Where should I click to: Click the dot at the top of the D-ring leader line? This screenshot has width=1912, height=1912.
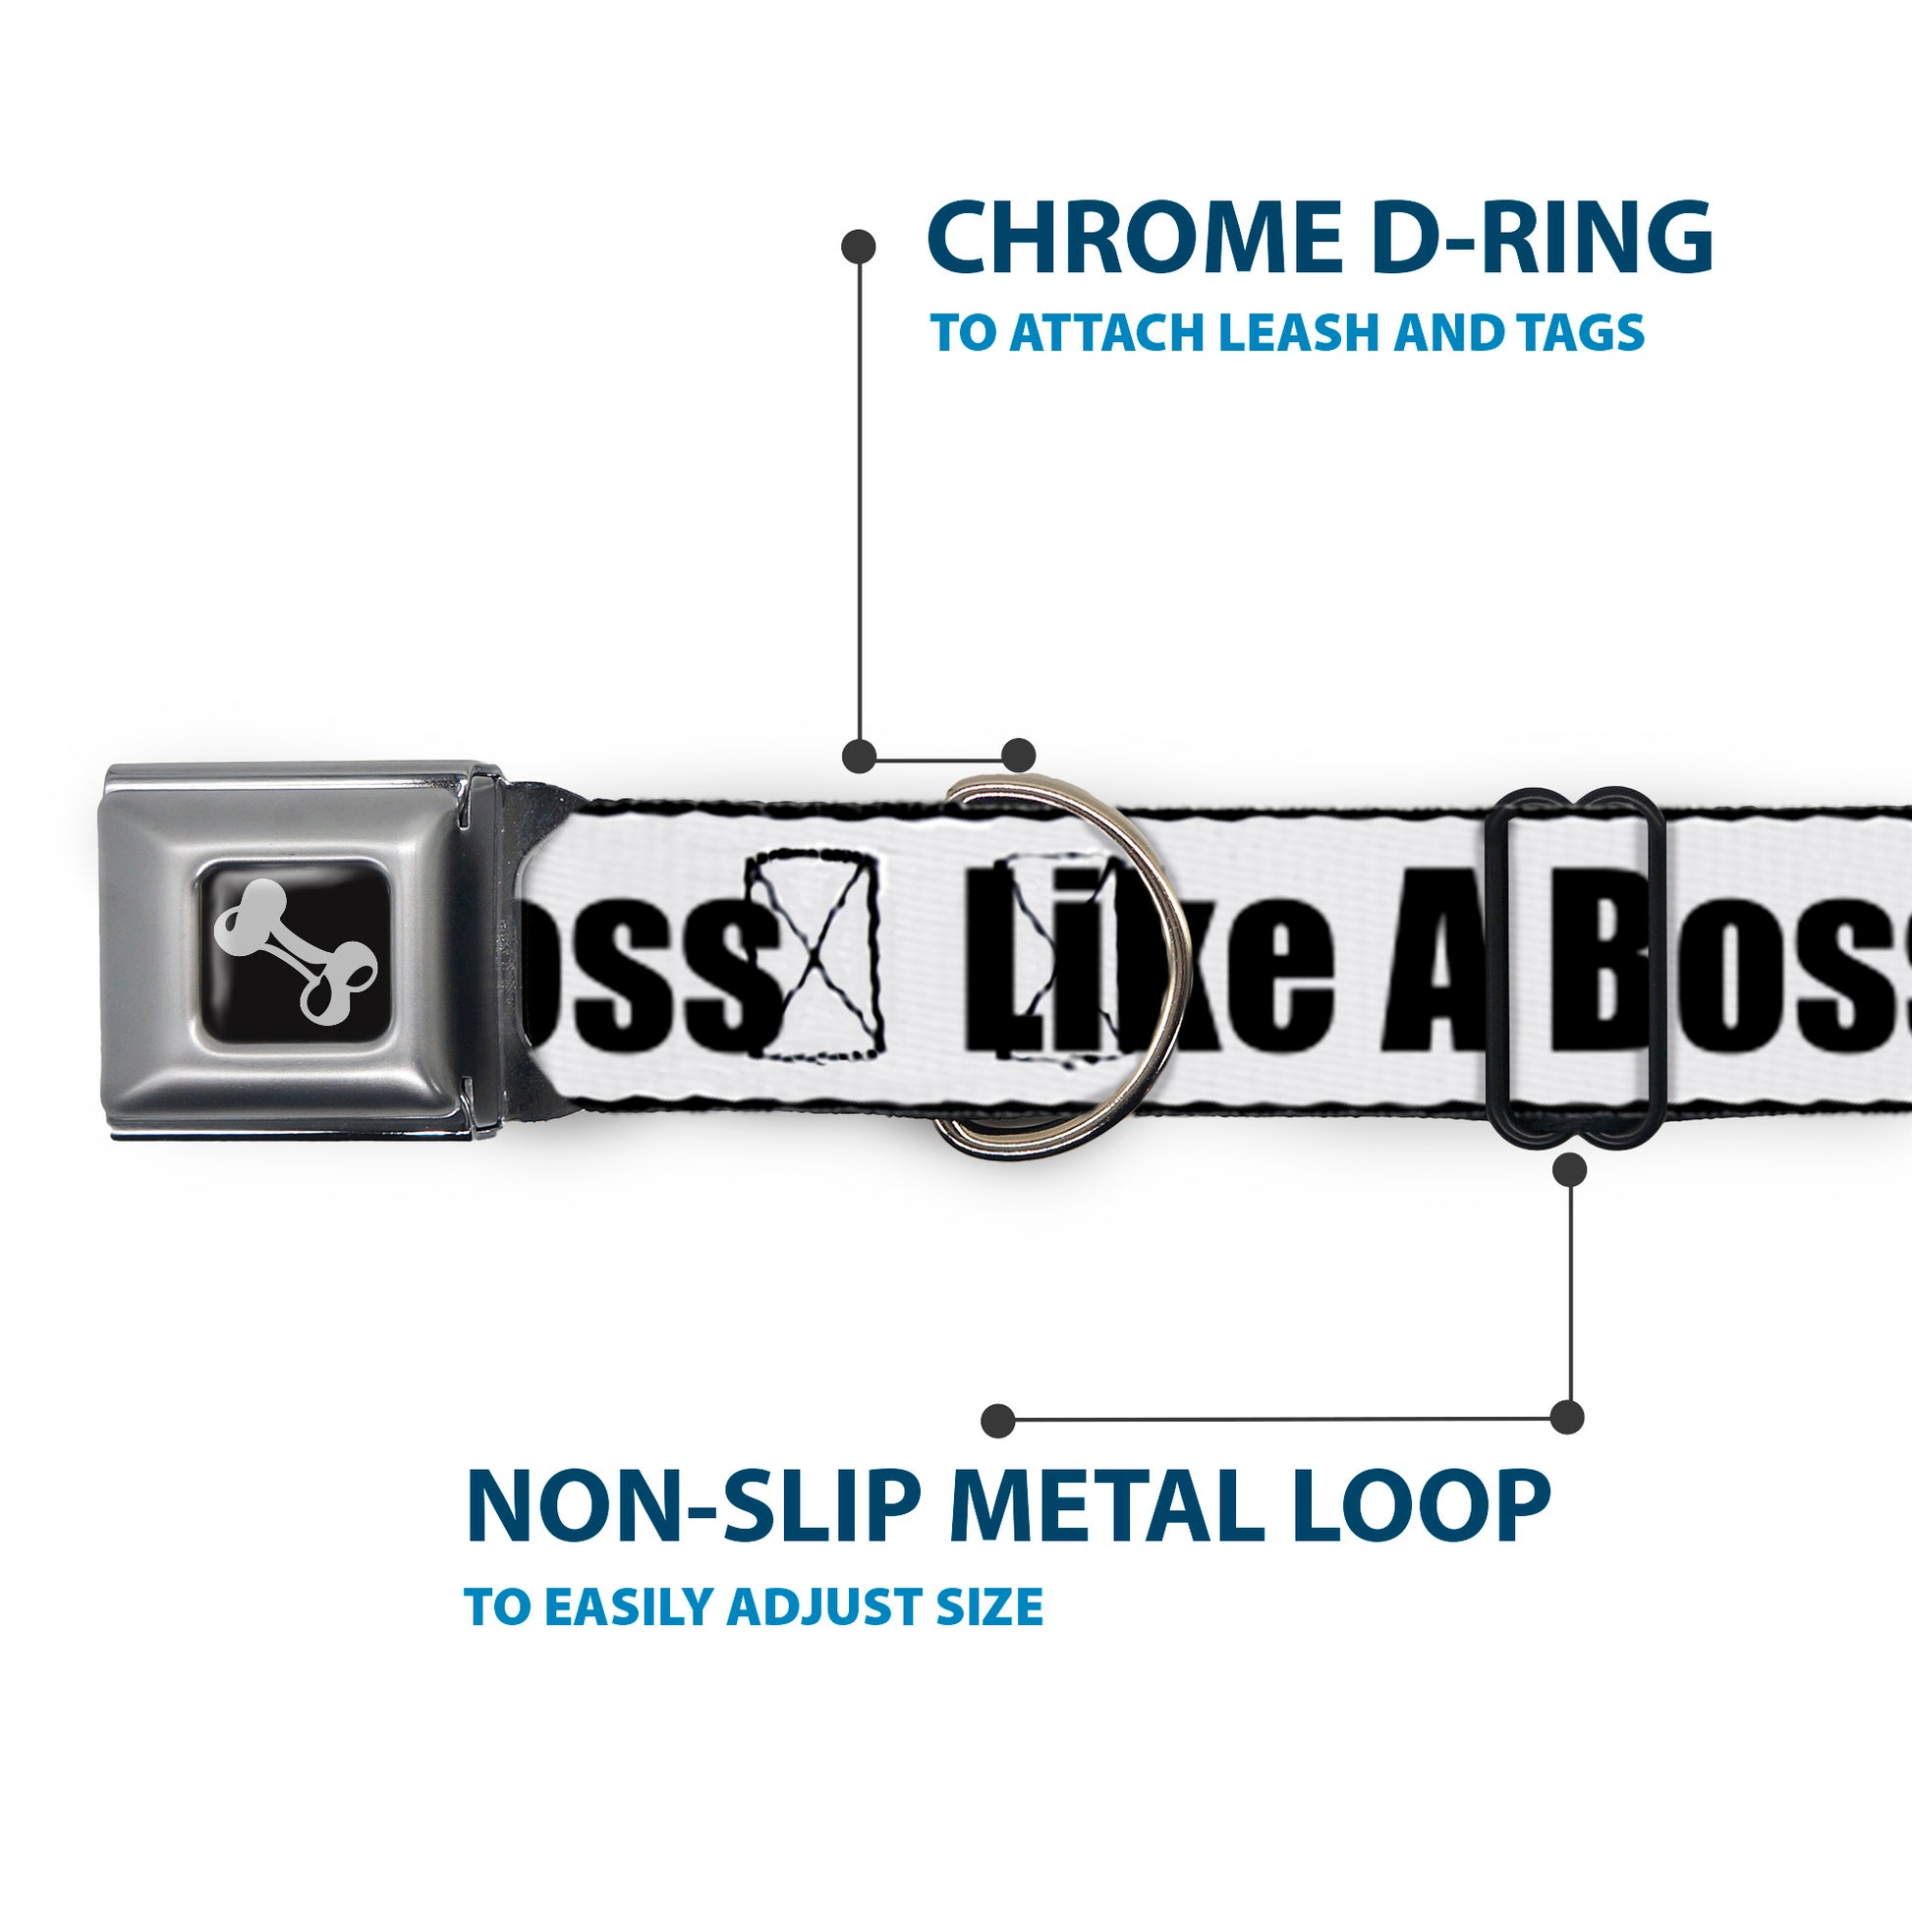tap(858, 247)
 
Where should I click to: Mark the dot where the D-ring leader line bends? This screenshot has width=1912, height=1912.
tap(858, 756)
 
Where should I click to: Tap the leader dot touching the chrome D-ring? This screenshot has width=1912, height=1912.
tap(1018, 756)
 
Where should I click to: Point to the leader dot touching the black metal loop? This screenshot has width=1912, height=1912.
tap(1569, 1170)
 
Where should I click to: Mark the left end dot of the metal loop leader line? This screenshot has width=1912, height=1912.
tap(998, 1420)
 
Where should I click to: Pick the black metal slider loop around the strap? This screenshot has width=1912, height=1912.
tap(1575, 967)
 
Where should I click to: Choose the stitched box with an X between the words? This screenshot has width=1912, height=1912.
tap(814, 958)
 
